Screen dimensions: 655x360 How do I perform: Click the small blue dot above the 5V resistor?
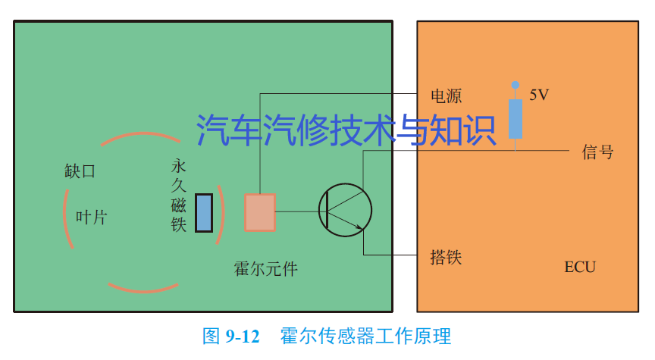516,85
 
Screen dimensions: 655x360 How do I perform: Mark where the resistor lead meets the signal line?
516,150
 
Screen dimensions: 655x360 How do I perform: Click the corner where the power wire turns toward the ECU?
260,93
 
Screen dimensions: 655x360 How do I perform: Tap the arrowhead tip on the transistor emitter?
362,228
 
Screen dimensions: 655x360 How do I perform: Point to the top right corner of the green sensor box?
392,21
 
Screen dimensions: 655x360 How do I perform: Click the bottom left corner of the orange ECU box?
417,311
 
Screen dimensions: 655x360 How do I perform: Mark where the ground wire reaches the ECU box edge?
417,255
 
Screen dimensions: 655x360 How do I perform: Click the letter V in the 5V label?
544,95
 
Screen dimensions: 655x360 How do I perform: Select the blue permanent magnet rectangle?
204,213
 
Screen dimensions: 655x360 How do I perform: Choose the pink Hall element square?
260,212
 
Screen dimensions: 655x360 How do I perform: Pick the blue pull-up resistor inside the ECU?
516,119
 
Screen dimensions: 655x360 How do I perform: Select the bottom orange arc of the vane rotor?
143,289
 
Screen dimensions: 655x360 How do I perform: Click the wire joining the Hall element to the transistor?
300,211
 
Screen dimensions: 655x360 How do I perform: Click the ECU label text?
580,268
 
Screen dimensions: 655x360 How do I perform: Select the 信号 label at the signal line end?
598,152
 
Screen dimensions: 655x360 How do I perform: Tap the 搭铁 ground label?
446,257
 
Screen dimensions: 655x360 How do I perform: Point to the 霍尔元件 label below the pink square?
265,269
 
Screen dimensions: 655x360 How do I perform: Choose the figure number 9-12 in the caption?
243,337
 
